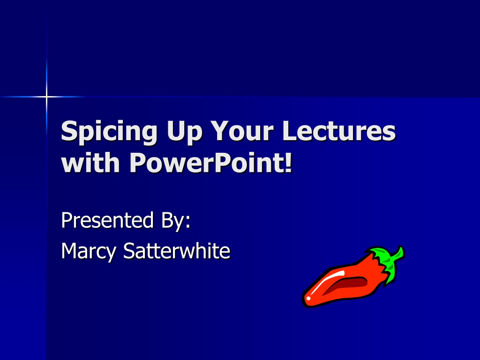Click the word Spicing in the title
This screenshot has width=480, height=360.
(109, 131)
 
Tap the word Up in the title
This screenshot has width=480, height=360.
(184, 132)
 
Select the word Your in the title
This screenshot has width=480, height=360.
(242, 131)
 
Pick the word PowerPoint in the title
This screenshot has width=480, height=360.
(207, 162)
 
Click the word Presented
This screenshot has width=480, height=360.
(107, 220)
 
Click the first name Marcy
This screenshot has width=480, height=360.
(89, 252)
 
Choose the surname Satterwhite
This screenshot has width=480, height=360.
(177, 250)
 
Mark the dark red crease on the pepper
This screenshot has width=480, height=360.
(346, 285)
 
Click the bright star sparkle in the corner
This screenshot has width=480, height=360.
(46, 97)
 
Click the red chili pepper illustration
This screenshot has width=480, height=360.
(352, 277)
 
